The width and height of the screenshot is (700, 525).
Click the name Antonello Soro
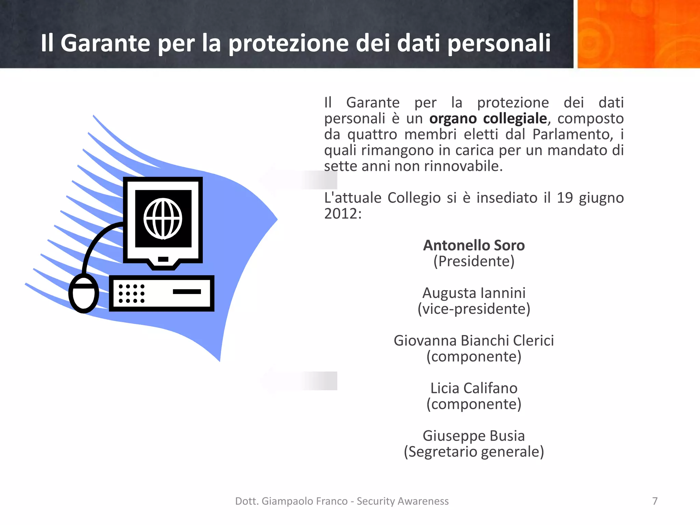[474, 245]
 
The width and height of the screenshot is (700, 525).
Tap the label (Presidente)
[474, 261]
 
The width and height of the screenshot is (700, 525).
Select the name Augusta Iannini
[474, 293]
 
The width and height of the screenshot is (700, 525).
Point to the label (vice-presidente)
[474, 309]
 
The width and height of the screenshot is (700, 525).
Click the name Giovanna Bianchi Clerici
[474, 341]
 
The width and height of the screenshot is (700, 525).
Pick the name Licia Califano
[474, 388]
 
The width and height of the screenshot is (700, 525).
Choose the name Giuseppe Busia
[474, 436]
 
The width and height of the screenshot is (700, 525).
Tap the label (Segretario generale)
[474, 452]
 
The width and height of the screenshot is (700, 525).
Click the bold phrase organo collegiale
[488, 119]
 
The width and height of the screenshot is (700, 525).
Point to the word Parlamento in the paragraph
[571, 134]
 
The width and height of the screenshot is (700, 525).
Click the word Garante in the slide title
[105, 43]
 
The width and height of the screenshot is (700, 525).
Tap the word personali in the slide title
[499, 43]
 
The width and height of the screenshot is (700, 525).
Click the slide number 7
[655, 501]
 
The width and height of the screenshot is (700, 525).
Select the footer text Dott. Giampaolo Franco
[291, 501]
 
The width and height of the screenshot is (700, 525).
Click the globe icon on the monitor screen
[163, 219]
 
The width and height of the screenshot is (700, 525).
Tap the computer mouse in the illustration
[84, 293]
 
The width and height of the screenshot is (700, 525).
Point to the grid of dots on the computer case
[132, 294]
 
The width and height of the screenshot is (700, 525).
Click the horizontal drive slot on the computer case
[187, 292]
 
